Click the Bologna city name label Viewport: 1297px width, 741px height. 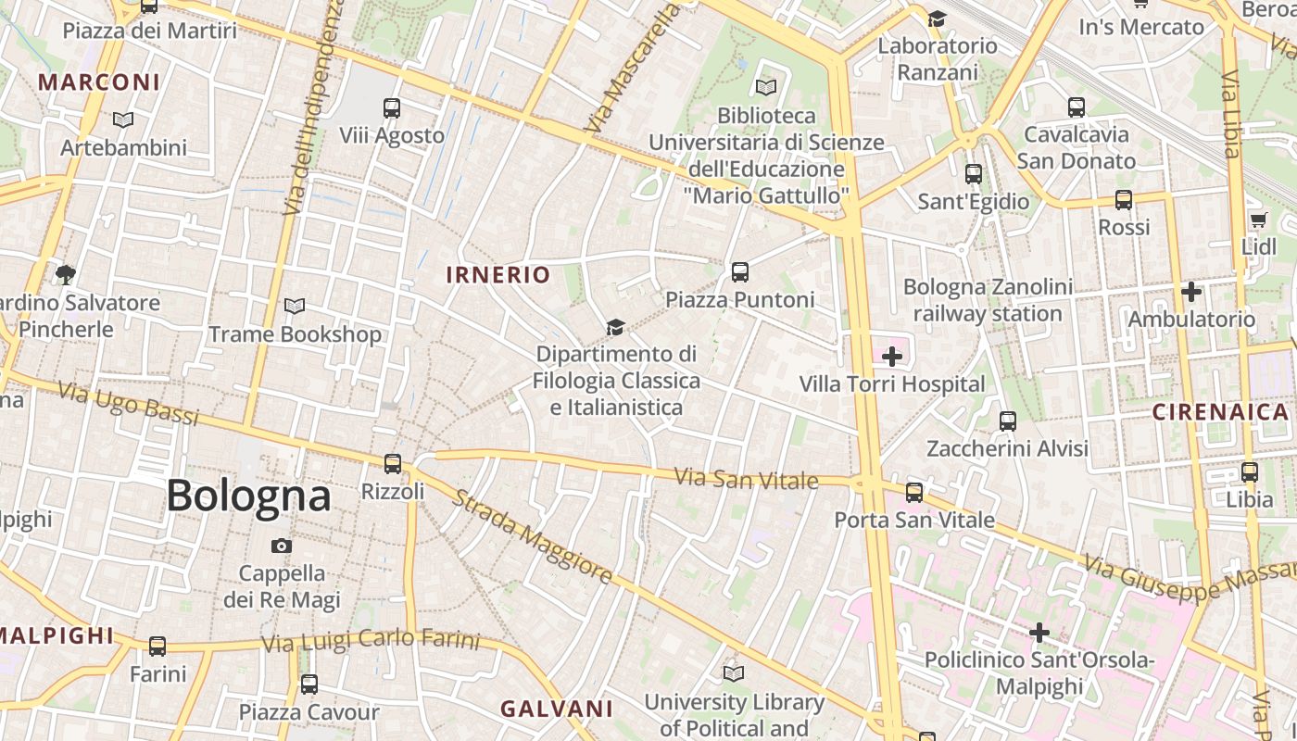tap(248, 496)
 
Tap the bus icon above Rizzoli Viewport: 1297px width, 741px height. tap(393, 463)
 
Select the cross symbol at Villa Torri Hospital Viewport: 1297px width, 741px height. tap(892, 357)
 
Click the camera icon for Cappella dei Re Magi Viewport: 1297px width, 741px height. tap(282, 546)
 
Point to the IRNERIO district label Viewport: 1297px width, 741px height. tap(498, 275)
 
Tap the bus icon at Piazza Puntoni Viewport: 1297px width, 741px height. tap(739, 272)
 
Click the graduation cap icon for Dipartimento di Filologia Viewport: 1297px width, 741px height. tap(615, 327)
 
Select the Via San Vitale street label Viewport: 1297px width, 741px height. tap(746, 479)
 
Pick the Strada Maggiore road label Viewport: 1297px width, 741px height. tap(532, 538)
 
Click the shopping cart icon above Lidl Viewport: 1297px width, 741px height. tap(1258, 220)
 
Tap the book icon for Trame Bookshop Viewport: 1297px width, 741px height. tap(295, 307)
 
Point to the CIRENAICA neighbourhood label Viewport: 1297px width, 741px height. tap(1220, 412)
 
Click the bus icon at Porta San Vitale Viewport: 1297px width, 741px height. tap(914, 493)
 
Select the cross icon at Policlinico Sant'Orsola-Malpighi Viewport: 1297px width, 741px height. tap(1039, 633)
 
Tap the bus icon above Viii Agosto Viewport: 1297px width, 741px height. tap(392, 108)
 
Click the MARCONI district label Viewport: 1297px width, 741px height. tap(99, 82)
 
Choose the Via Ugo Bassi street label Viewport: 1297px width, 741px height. tap(128, 404)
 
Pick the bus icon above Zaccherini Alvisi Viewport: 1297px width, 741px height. tap(1008, 421)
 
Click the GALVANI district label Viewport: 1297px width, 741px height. tap(557, 710)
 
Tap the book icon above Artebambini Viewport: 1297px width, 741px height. tap(123, 120)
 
